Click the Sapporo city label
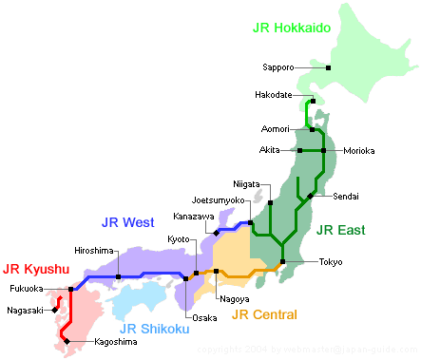277,67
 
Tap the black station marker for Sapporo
328,67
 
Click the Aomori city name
277,128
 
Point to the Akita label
270,150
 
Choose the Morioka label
359,150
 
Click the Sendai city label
347,196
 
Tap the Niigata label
247,183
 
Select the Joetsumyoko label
219,200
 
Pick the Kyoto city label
180,237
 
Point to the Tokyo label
331,261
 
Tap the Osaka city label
204,317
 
